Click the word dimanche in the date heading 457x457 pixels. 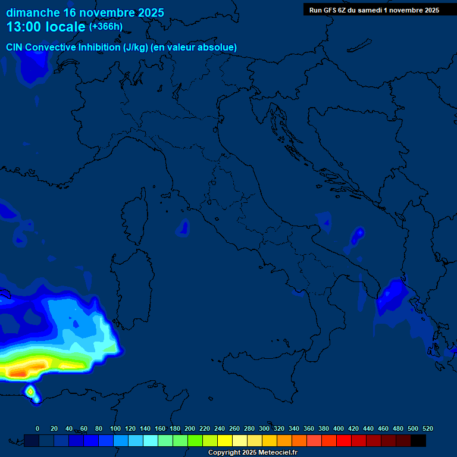tap(33, 12)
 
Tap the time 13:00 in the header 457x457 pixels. tap(26, 27)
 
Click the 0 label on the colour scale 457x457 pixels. tap(37, 428)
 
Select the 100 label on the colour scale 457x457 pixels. tap(115, 428)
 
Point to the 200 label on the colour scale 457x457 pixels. tap(190, 428)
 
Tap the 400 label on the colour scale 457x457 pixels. tap(339, 428)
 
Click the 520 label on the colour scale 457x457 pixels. tap(427, 428)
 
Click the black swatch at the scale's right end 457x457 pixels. tap(418, 440)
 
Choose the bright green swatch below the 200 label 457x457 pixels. tap(195, 440)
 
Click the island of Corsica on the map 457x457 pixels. tap(134, 217)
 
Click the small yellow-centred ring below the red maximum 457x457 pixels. tap(30, 391)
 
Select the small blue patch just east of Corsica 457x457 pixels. tap(184, 226)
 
